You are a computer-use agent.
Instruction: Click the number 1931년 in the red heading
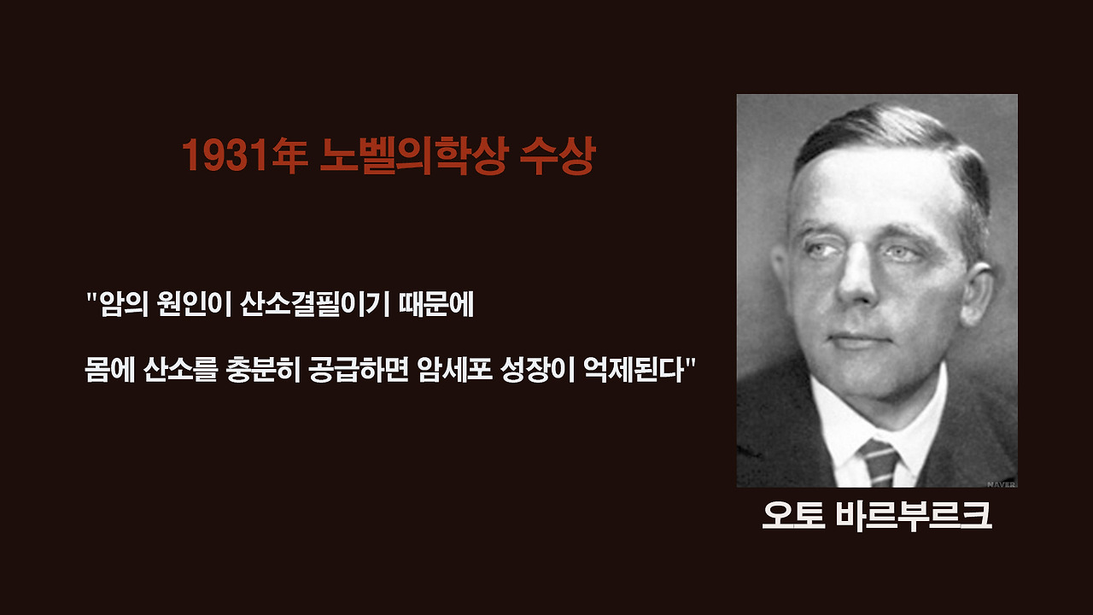click(x=243, y=156)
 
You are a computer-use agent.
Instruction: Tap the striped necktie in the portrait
click(x=880, y=462)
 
